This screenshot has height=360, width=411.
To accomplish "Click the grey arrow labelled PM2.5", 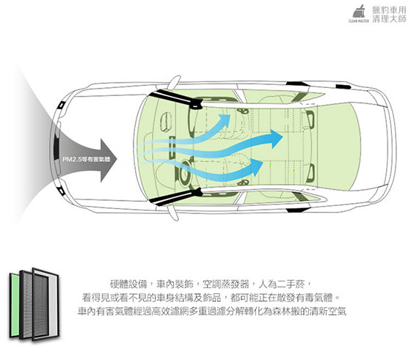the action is point(87,159).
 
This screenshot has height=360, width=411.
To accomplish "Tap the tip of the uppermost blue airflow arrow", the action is point(230,114).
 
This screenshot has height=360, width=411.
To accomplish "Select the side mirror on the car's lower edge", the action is point(173,213).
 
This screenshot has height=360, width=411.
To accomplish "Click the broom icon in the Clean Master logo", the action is point(359,12).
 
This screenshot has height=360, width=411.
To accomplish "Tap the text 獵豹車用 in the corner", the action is point(389,10).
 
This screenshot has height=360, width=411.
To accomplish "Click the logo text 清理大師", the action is point(389,19).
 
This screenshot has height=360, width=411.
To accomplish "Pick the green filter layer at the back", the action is point(15,305).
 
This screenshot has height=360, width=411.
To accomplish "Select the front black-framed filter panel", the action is point(46,304).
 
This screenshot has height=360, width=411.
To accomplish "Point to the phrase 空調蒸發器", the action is point(226,284).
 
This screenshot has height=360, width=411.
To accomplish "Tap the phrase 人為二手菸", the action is point(281,284).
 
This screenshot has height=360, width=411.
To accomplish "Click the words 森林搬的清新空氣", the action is point(309,312).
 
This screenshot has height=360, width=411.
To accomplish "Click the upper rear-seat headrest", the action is point(310,119).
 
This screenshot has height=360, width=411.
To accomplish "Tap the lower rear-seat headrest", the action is point(310,172).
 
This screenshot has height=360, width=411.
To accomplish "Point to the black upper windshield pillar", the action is point(175,99).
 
